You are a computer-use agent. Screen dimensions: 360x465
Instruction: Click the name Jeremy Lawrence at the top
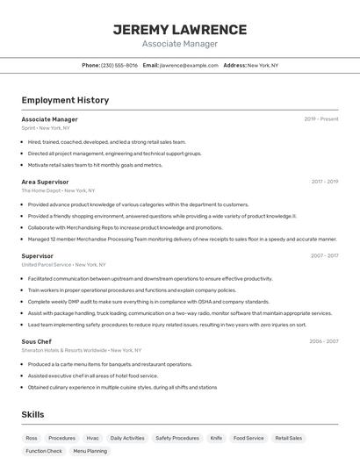(x=179, y=30)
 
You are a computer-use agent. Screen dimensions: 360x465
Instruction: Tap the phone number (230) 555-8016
(x=119, y=65)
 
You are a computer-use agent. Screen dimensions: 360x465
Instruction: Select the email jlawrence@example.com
(x=189, y=65)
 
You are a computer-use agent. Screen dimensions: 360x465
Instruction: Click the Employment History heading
(x=65, y=100)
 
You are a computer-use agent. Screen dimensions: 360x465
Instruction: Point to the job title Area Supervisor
(x=45, y=182)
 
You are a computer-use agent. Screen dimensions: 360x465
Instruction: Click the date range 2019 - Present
(x=321, y=119)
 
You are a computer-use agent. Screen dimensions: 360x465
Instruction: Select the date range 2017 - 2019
(x=324, y=182)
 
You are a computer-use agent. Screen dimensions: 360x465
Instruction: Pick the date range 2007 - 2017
(x=324, y=256)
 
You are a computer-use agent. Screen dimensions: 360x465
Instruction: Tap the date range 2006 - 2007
(x=323, y=341)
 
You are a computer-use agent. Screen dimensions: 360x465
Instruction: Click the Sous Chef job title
(x=37, y=341)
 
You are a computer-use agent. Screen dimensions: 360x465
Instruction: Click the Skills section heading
(x=32, y=414)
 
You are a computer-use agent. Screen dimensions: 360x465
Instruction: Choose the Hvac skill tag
(x=92, y=438)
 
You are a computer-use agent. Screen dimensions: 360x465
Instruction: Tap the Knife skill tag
(x=216, y=438)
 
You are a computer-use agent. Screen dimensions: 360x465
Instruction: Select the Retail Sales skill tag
(x=289, y=438)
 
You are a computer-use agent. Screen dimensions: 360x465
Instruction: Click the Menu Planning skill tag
(x=90, y=451)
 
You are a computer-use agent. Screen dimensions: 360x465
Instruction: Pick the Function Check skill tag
(x=44, y=451)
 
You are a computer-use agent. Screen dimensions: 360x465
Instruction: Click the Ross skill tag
(x=32, y=438)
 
